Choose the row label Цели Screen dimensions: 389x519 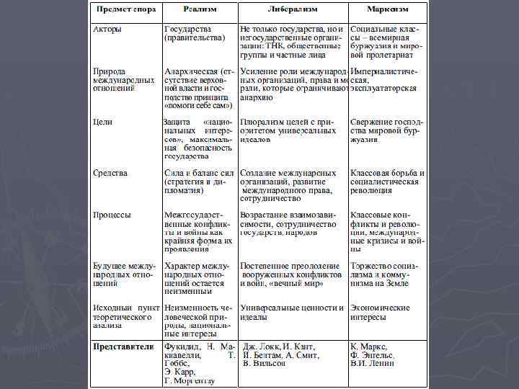[x=104, y=122]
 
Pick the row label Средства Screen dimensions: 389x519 [x=111, y=173]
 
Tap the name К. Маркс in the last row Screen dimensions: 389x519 [x=369, y=346]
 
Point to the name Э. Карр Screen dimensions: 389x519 [x=179, y=372]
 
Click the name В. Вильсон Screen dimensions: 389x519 [x=265, y=363]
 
